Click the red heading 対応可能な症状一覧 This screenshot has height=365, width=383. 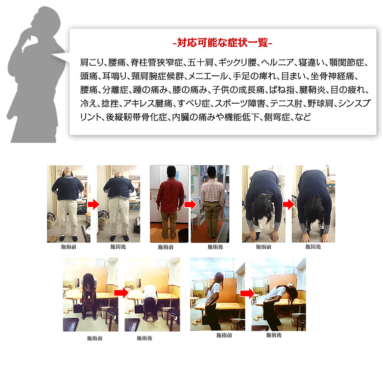(222, 43)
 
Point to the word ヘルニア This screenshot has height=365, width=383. (277, 63)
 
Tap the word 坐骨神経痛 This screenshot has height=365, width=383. (332, 76)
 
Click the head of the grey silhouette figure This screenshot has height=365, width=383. (46, 19)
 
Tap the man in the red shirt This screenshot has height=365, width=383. (170, 202)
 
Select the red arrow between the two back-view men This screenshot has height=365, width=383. (190, 205)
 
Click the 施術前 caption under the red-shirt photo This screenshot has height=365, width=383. (166, 247)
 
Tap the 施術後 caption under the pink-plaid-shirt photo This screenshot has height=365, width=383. (215, 247)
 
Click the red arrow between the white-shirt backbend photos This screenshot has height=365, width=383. (247, 293)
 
